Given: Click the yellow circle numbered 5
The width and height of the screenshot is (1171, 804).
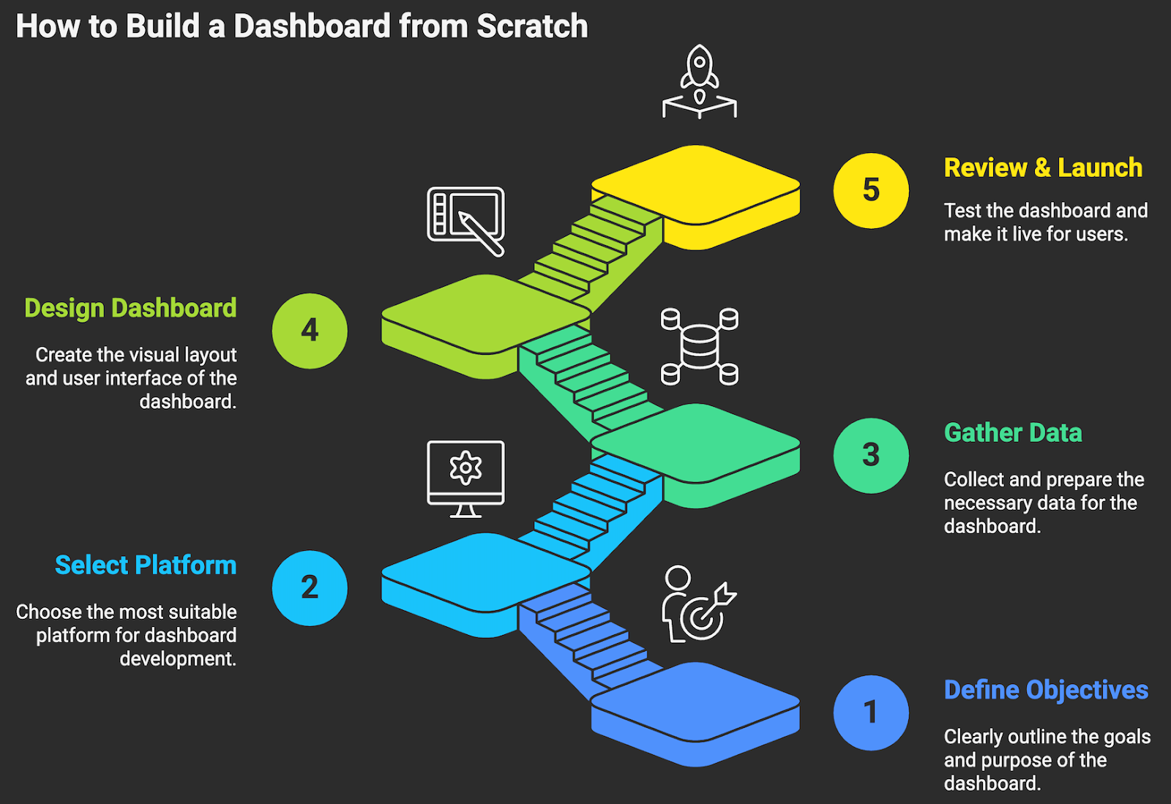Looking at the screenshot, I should (871, 191).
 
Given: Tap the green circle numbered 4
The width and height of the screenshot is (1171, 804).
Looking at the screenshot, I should (310, 331).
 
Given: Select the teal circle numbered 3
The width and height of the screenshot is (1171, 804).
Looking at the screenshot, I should (871, 455).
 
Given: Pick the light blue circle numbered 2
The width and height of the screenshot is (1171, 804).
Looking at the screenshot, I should (310, 587).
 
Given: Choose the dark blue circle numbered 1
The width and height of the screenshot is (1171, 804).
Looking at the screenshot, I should (871, 713).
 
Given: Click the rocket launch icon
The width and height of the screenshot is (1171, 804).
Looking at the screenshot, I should (700, 81).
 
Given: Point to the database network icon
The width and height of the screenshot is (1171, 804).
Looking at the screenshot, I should (700, 346).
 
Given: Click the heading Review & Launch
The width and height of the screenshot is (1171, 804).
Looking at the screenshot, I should (1043, 168).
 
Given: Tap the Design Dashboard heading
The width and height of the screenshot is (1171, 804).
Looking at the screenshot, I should (130, 308).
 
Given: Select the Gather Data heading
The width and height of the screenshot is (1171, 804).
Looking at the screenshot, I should (1013, 432).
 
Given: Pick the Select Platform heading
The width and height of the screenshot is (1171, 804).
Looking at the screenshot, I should (146, 565).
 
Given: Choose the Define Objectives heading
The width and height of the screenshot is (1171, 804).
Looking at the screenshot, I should (1046, 690).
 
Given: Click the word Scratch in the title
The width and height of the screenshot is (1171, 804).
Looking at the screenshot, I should (532, 26).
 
